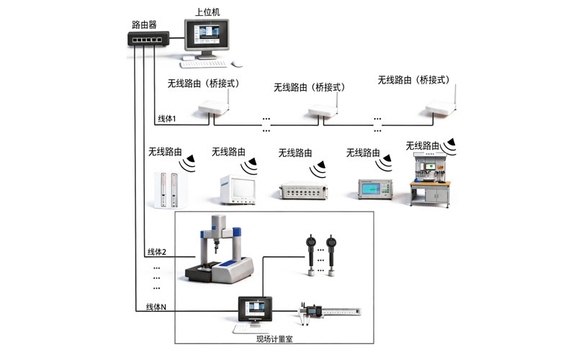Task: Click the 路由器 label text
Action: click(144, 24)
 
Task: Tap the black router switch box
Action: click(148, 39)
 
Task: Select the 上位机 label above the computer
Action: click(207, 12)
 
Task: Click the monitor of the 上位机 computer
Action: click(207, 35)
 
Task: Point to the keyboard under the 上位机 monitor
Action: click(204, 64)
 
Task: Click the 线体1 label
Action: click(167, 119)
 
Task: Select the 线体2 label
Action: click(157, 252)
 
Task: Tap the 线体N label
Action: click(156, 307)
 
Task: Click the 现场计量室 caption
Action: click(274, 339)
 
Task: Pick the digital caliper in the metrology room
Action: click(330, 312)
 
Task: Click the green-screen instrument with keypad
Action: click(375, 189)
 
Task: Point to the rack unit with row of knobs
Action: click(304, 190)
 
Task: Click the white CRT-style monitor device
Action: click(238, 189)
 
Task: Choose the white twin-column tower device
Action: click(170, 189)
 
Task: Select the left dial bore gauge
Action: click(311, 256)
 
